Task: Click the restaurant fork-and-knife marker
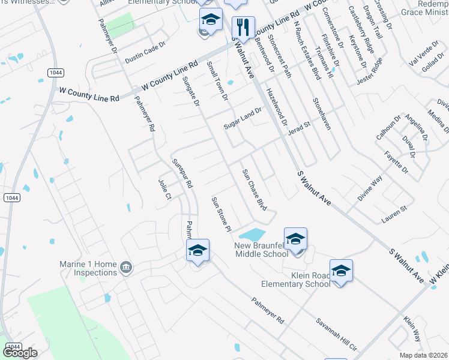pyautogui.click(x=243, y=28)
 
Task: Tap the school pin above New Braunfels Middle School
pyautogui.click(x=295, y=239)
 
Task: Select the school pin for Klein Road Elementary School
pyautogui.click(x=341, y=271)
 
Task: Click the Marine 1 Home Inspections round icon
pyautogui.click(x=126, y=267)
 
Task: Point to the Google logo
pyautogui.click(x=20, y=353)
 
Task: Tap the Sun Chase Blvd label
pyautogui.click(x=254, y=188)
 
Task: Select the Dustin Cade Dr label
pyautogui.click(x=144, y=56)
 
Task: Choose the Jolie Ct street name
pyautogui.click(x=164, y=188)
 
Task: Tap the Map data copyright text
pyautogui.click(x=424, y=355)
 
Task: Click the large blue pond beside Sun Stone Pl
pyautogui.click(x=252, y=233)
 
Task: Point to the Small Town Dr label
pyautogui.click(x=217, y=80)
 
